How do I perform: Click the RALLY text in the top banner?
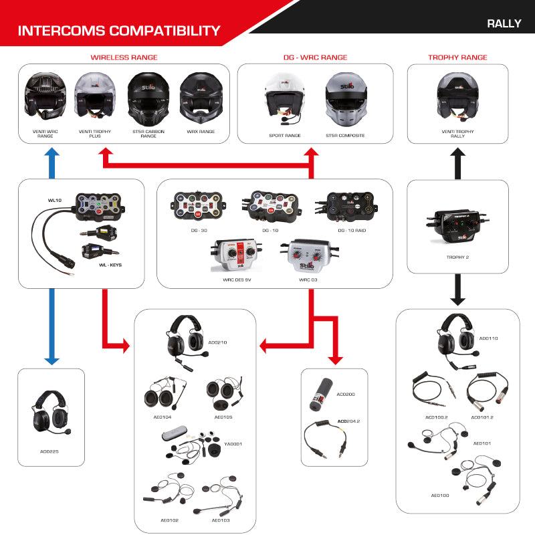(x=504, y=23)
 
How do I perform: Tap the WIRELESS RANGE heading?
(x=124, y=58)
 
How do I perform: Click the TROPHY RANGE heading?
(x=457, y=58)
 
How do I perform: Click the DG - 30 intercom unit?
(x=199, y=205)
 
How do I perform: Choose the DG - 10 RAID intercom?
(x=351, y=205)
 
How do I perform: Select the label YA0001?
(x=233, y=443)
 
